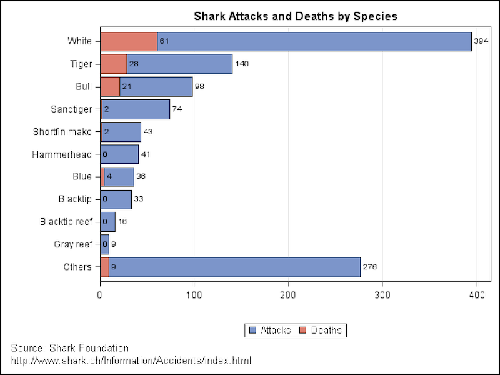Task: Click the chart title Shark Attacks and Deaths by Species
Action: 296,16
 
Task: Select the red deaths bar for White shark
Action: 129,41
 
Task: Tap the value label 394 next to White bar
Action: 481,41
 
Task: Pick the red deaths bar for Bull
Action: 109,86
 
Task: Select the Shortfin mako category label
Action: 62,132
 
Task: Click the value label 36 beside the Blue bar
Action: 141,177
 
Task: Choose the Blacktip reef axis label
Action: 66,222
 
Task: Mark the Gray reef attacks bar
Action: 106,244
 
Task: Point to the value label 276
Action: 370,267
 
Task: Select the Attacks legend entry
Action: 270,330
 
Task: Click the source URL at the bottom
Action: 131,361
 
